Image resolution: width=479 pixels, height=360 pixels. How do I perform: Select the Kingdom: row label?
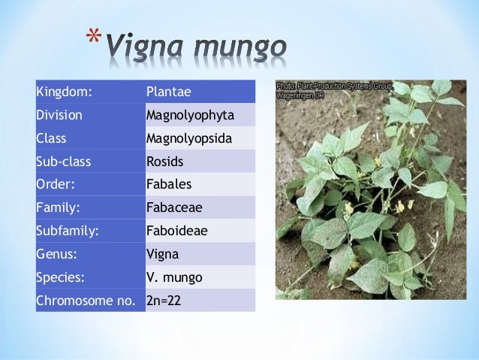(64, 92)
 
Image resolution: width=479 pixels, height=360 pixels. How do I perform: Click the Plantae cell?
(169, 92)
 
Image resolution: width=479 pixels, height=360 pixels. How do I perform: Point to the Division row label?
(59, 115)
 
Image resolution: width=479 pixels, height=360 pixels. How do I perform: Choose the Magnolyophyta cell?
(190, 115)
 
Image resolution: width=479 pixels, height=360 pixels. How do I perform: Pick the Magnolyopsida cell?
(189, 138)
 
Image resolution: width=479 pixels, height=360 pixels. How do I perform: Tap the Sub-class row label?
(62, 162)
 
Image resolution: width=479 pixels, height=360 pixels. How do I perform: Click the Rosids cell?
(165, 162)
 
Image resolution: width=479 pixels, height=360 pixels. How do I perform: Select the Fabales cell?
(169, 184)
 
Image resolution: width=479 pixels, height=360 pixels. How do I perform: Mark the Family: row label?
(57, 207)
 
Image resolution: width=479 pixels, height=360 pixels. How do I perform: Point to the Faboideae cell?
(176, 231)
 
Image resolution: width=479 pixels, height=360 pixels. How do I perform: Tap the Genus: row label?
(56, 253)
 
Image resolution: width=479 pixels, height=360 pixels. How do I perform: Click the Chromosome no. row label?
(86, 300)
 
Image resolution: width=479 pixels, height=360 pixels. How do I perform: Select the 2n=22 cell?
(165, 300)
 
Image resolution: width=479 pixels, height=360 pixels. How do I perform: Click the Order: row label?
(56, 184)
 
